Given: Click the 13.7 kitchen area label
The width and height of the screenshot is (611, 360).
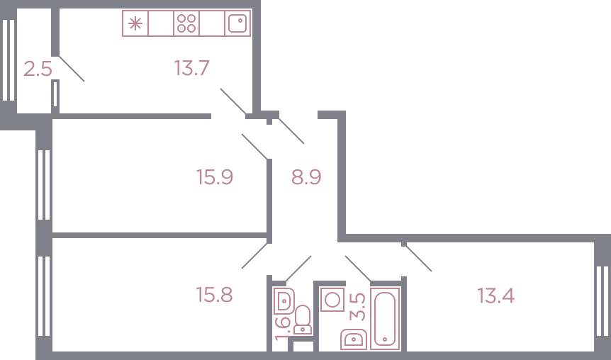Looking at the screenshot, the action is coord(191,68).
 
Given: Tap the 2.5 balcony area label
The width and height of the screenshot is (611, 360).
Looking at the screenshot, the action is coord(38,69).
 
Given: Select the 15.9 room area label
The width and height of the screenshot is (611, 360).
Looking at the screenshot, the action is coord(215,177).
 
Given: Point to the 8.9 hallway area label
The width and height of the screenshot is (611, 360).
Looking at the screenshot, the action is coord(306,177).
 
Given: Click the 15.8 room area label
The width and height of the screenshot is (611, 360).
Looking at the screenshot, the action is coord(215,295).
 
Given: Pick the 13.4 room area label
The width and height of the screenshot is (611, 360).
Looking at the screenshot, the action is coord(495,296).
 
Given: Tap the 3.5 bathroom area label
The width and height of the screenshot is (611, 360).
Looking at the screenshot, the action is coord(358,307).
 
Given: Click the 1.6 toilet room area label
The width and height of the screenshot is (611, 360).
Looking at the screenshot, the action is coord(283,328).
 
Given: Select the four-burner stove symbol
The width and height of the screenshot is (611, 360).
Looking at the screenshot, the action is coord(186,23).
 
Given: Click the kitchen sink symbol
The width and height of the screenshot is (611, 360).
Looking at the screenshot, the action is coord(237,23).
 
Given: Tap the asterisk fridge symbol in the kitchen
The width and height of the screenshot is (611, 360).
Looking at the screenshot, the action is coord(135,23).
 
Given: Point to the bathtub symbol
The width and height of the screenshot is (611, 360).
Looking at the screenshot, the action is coord(385,319).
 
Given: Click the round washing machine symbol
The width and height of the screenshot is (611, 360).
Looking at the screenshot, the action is coord(332,300).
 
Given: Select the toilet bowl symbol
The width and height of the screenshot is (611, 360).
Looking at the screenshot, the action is coord(303,320).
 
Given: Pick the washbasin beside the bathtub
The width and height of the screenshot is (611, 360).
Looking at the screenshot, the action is coord(354,339).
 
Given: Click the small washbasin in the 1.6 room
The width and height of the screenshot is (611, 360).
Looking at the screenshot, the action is coord(284,300).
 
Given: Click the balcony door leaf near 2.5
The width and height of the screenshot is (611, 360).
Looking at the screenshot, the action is coord(72,69).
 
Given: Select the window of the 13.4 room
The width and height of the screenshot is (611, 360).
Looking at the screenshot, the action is coord(602,300).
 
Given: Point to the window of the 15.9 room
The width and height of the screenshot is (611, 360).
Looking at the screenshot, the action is coord(44,185).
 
